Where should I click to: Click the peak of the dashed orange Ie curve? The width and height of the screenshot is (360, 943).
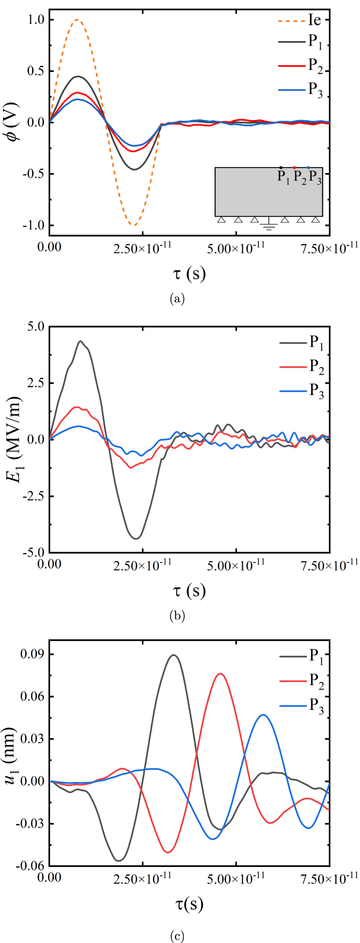point(77,20)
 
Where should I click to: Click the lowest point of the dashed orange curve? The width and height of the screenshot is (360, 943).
point(134,225)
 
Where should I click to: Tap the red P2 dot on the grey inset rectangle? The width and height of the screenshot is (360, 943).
point(294,168)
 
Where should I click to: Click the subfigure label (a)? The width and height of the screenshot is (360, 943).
point(177,299)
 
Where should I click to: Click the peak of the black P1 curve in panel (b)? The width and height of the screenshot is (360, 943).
point(80,341)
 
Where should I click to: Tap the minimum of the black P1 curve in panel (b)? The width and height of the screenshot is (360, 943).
point(136,538)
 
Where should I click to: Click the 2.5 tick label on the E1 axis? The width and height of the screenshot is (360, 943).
point(35,382)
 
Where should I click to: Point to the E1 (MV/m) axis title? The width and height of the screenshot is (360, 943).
point(15,439)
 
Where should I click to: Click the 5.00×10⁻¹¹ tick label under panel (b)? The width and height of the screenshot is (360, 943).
point(236,565)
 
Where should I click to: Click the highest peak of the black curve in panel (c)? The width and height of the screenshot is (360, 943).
point(174,655)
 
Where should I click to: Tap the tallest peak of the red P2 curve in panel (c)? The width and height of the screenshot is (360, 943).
point(221,674)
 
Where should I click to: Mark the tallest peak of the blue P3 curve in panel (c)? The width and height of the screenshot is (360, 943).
point(263,715)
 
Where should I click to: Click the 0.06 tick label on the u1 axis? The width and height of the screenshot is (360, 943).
point(32,696)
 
